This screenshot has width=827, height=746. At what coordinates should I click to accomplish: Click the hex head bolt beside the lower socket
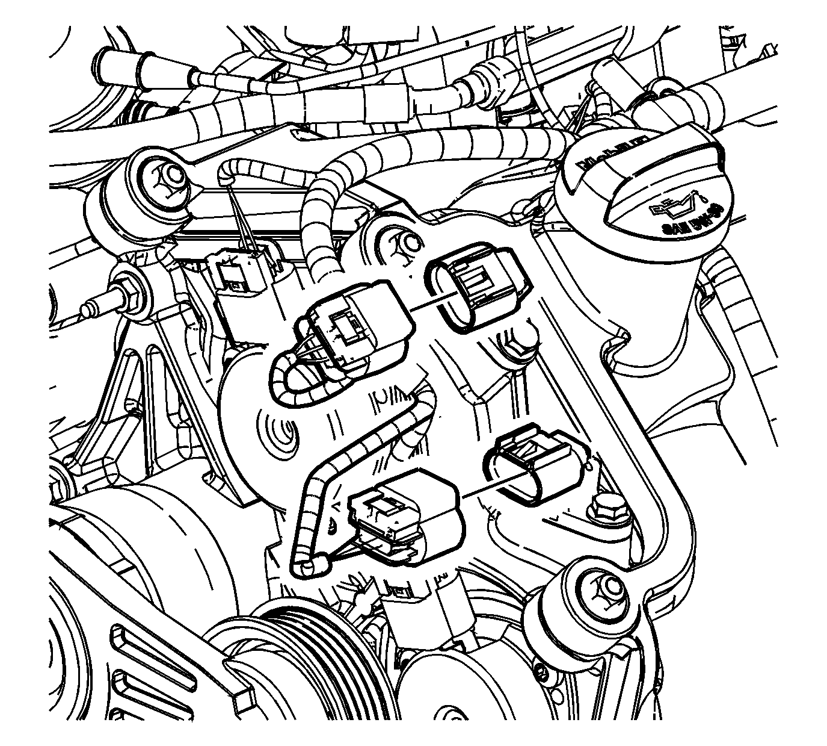tap(607, 509)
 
